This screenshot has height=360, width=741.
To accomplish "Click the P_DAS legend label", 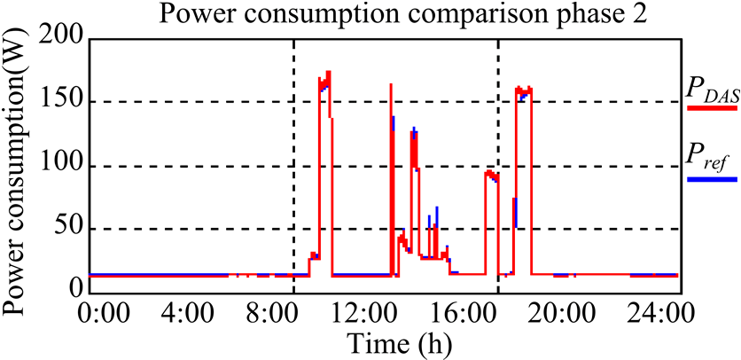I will click(x=713, y=88).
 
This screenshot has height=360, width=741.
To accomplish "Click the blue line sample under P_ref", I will click(x=713, y=178).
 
